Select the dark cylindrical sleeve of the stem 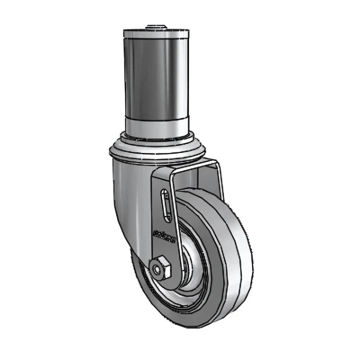[155, 78]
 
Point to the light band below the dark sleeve [155, 125]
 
